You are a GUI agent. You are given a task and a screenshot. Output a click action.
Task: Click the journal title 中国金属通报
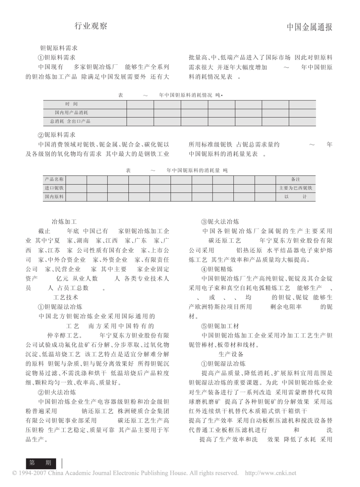point(309,27)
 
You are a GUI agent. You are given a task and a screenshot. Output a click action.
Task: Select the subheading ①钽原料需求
point(56,58)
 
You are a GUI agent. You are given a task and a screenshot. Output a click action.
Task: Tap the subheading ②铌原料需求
point(56,135)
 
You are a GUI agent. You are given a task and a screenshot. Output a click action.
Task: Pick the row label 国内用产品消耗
point(72,113)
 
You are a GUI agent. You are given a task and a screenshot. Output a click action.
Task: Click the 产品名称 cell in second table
point(54,179)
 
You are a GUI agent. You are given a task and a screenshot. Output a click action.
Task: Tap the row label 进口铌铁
point(54,188)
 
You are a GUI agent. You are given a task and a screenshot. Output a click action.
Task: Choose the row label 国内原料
point(54,197)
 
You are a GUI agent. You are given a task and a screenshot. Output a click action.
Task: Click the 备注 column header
point(296,179)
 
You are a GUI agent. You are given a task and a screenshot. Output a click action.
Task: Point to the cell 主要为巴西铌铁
point(296,188)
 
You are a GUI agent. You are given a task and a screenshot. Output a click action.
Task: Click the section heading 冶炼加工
point(64,222)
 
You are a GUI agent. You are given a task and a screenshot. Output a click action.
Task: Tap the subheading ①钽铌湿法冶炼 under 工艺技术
point(60,307)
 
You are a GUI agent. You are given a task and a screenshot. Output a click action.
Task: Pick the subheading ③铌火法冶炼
point(220,222)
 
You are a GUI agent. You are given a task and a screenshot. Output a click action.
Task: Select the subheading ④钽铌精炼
point(220,269)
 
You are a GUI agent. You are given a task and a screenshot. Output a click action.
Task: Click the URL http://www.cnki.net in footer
point(271,473)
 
